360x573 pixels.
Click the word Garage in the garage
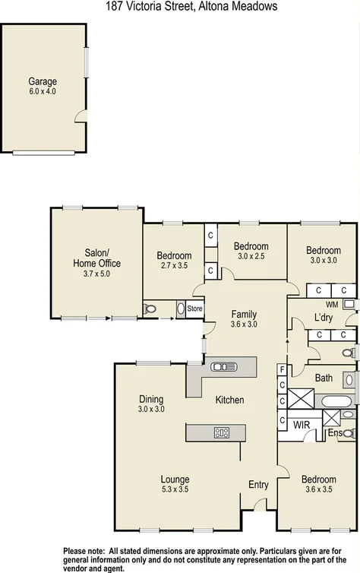click(x=43, y=81)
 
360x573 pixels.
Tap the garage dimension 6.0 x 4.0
click(x=43, y=91)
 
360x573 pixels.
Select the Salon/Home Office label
click(x=96, y=258)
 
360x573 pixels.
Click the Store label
click(x=195, y=309)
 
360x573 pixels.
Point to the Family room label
click(x=244, y=314)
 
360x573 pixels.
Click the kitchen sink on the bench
click(x=224, y=366)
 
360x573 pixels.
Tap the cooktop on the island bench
click(x=222, y=432)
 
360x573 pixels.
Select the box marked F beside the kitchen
click(x=282, y=372)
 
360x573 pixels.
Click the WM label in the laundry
click(x=332, y=303)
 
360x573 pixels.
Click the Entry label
click(x=259, y=484)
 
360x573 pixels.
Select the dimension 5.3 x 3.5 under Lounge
click(x=175, y=489)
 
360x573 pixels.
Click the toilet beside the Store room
click(x=150, y=309)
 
